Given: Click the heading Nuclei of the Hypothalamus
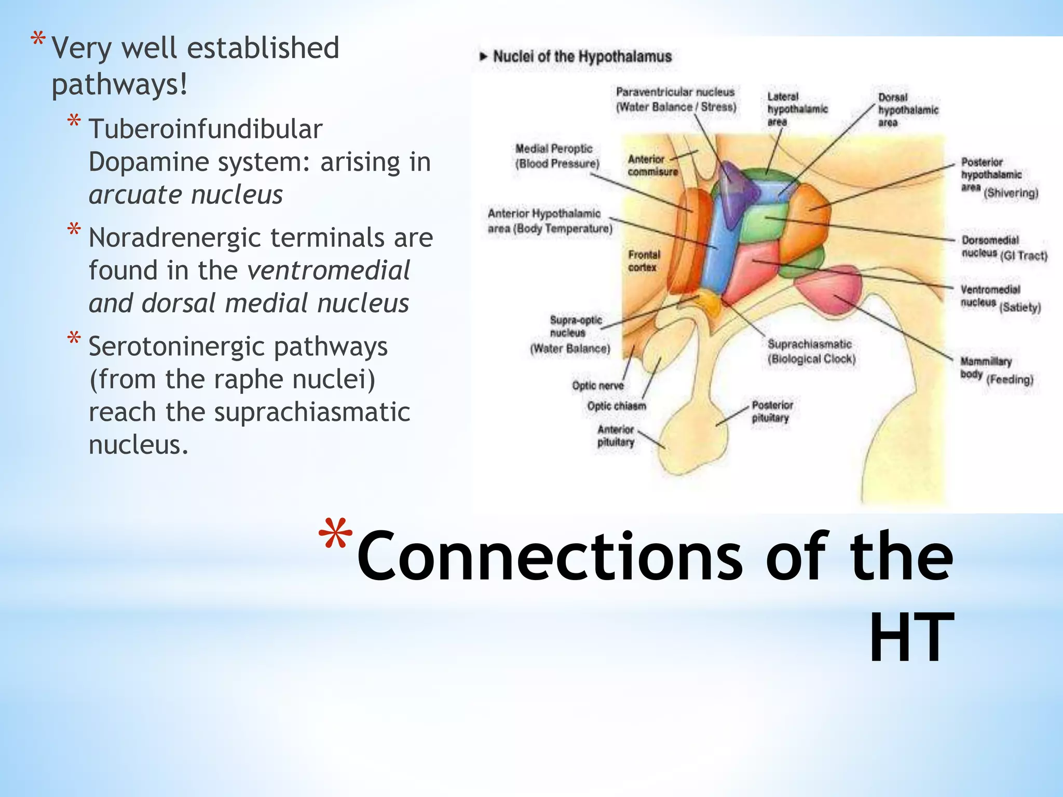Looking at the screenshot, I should click(581, 57).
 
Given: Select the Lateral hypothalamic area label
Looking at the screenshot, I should click(797, 109).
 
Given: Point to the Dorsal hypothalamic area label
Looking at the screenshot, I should click(908, 109).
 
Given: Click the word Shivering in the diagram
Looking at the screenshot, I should click(1011, 193).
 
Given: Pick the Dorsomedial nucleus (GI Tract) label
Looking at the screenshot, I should click(1003, 248).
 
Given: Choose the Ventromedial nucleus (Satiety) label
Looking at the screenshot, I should click(999, 298).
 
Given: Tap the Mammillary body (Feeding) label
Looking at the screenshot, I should click(996, 369).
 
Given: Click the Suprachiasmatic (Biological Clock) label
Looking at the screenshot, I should click(811, 351).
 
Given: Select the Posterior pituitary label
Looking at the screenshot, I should click(772, 411).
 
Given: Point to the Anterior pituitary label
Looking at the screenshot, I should click(616, 436).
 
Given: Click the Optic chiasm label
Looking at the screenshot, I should click(616, 406).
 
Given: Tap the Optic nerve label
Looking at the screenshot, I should click(597, 386).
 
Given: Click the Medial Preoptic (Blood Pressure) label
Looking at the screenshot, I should click(556, 156).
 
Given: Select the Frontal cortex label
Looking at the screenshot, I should click(644, 261).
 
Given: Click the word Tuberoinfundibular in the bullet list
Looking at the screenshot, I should click(206, 129).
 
